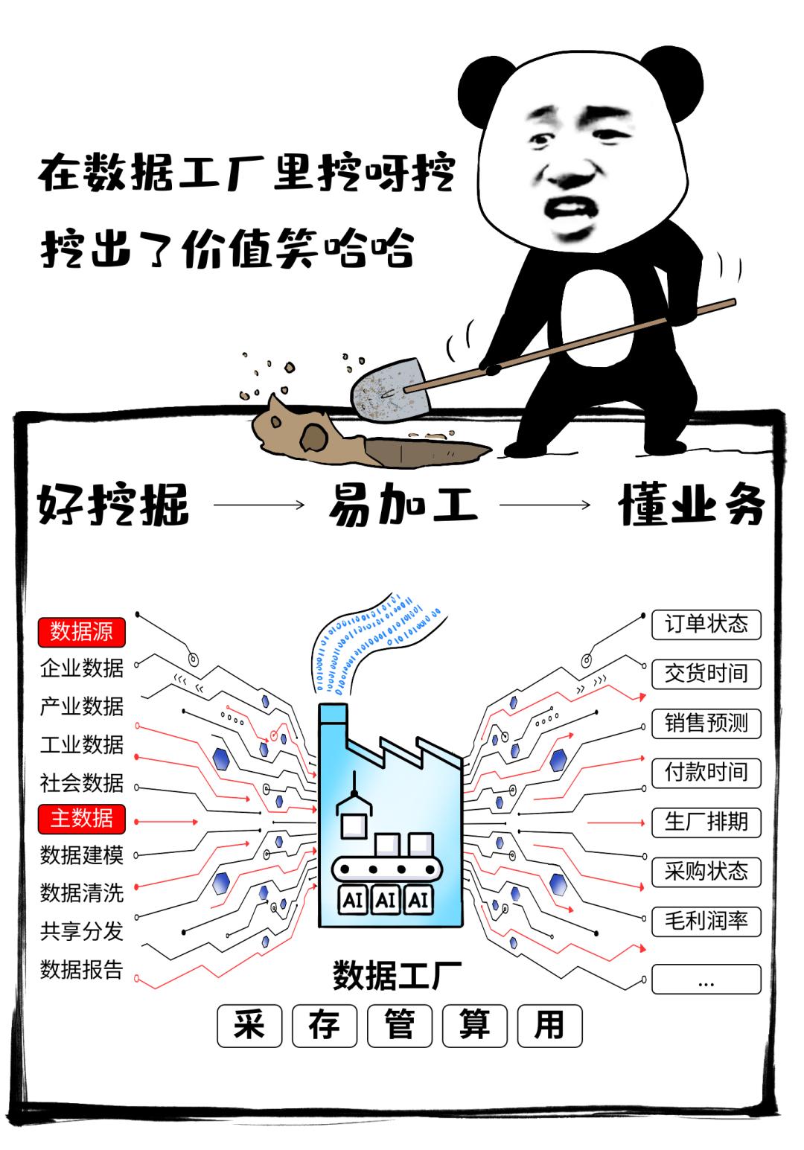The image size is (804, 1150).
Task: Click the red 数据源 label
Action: [x=81, y=632]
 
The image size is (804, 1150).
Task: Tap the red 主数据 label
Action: [x=81, y=818]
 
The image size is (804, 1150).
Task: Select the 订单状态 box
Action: [x=706, y=624]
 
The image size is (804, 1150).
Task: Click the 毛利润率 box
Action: [x=706, y=921]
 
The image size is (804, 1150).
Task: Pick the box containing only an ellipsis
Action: [x=706, y=979]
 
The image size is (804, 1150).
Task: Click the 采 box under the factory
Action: [x=249, y=1025]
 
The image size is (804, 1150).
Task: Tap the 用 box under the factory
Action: [x=549, y=1025]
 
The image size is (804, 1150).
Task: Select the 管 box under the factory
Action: [x=400, y=1025]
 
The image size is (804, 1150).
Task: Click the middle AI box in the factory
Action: [x=386, y=899]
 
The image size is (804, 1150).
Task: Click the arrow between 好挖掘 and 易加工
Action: [x=259, y=505]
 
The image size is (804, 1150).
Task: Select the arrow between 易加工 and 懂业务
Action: [x=545, y=505]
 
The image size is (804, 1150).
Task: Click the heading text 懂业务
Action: [x=691, y=505]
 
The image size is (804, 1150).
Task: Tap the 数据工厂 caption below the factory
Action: [x=396, y=974]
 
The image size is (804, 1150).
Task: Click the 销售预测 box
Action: [x=706, y=723]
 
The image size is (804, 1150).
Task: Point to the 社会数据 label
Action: [x=81, y=782]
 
